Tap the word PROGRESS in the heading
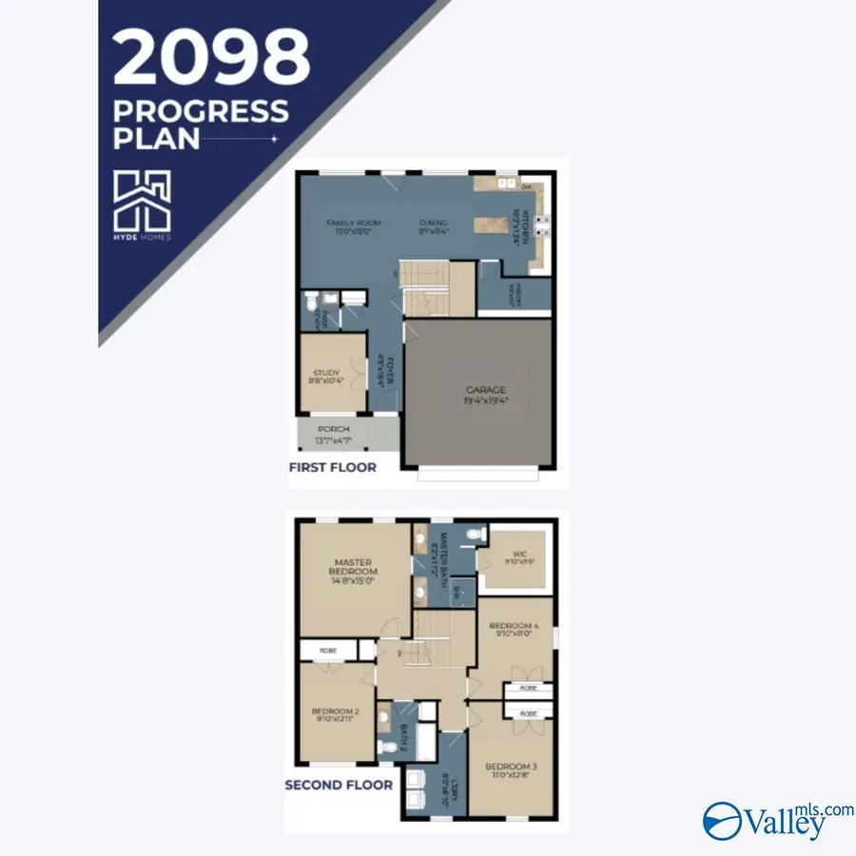201,111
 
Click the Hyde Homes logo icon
143,201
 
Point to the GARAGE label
485,390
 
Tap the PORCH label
333,430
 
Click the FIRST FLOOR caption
333,467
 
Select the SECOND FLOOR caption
339,785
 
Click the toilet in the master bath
473,535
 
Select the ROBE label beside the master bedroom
327,651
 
